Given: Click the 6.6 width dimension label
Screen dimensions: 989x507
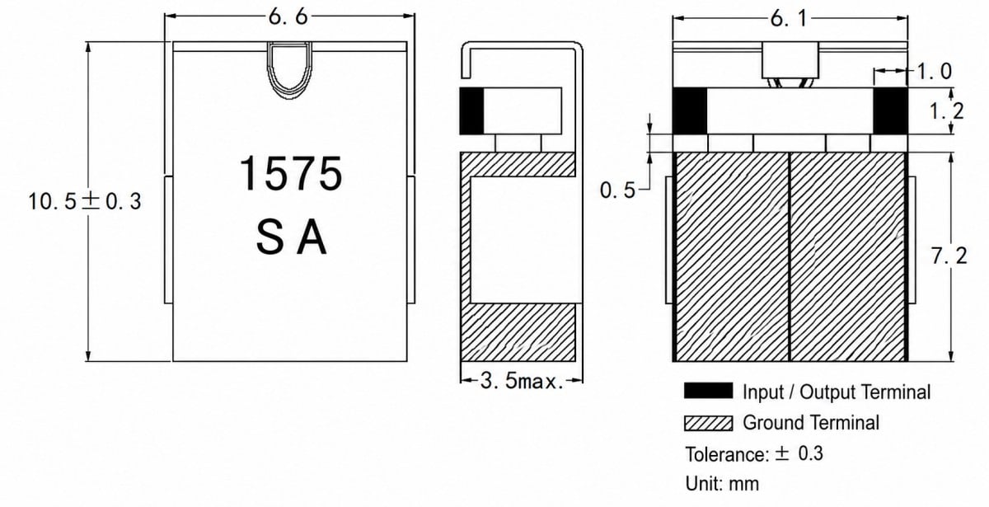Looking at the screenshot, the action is click(x=288, y=17).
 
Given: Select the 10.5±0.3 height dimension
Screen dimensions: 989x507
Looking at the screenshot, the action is click(x=85, y=201).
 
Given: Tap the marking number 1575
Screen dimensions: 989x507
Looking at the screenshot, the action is click(x=291, y=173).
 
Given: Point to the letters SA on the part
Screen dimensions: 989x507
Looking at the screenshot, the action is click(x=292, y=237).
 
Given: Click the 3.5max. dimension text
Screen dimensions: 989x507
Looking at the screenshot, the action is click(x=522, y=381).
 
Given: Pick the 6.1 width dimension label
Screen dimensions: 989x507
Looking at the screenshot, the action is click(x=789, y=19).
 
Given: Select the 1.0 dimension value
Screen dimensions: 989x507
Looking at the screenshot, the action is click(x=935, y=72).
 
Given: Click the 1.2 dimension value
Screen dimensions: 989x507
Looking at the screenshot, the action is click(x=947, y=110).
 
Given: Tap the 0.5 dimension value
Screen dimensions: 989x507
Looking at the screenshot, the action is click(x=617, y=190).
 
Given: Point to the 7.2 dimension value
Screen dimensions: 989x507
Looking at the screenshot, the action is click(x=949, y=256).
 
